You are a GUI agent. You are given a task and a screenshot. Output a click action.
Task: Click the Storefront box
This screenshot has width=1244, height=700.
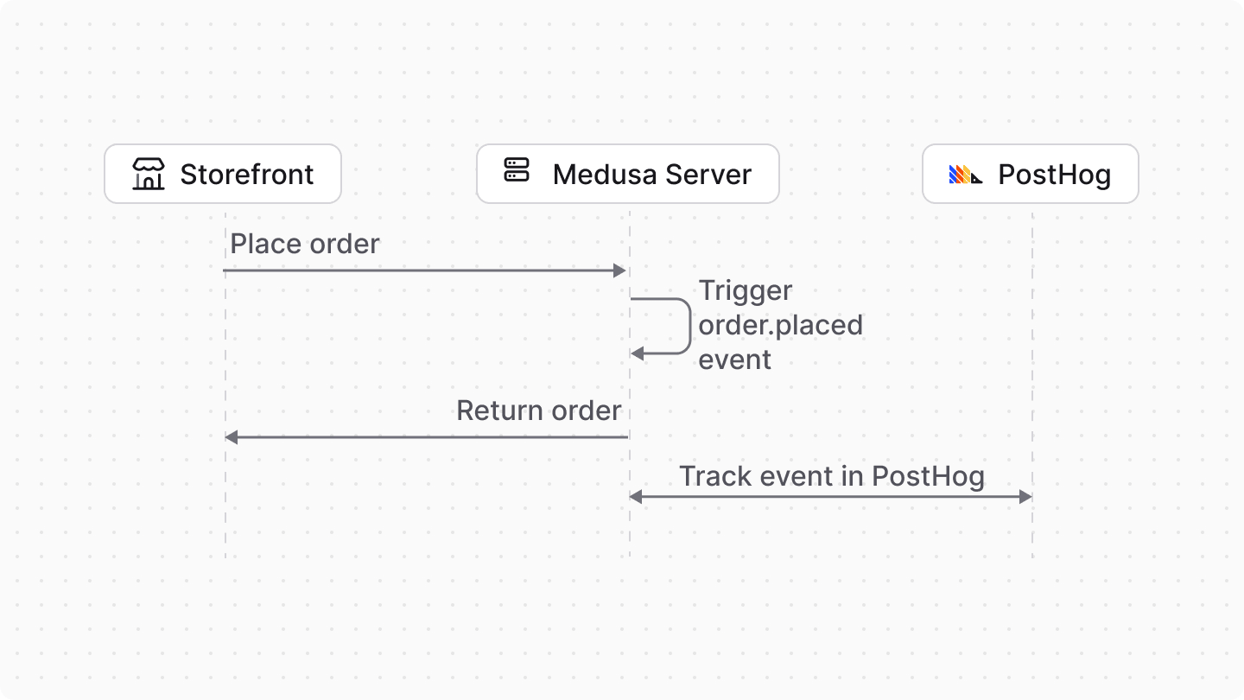coord(223,174)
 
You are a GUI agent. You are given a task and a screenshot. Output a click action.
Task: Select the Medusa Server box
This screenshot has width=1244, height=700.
coord(628,174)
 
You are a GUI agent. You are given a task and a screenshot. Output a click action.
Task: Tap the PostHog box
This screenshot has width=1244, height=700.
coord(1030,174)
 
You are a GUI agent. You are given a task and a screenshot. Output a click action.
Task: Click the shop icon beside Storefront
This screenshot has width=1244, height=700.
coord(149,174)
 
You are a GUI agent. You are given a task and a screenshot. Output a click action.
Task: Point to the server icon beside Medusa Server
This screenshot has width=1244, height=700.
coord(517,170)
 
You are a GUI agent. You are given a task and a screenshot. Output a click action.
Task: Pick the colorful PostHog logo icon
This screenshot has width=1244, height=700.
coord(965,175)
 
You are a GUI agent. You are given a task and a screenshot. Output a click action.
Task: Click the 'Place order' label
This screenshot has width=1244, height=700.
coord(305,244)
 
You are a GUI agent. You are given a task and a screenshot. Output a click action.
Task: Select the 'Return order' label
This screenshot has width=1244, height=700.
coord(538,410)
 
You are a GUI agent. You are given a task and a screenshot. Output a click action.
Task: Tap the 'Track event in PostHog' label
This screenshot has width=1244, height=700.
coord(831,476)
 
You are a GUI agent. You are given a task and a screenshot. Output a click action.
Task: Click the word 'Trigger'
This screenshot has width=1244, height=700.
coord(745,290)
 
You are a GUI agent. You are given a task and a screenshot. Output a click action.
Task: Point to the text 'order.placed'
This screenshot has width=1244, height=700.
coord(780,325)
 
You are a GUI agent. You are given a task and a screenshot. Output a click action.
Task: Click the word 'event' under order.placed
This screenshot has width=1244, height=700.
coord(734,360)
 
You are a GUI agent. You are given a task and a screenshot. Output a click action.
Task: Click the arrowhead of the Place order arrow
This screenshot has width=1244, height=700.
coord(619,270)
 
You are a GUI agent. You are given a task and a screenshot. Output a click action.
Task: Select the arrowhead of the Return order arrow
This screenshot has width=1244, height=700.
coord(232,437)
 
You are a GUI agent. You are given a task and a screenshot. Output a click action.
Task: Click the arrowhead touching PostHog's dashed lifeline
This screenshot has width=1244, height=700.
coord(1025,496)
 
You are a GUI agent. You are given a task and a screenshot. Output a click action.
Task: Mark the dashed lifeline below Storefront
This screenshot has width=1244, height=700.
coord(225,519)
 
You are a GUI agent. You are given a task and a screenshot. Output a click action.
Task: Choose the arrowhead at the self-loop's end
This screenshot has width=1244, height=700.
coord(638,353)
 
